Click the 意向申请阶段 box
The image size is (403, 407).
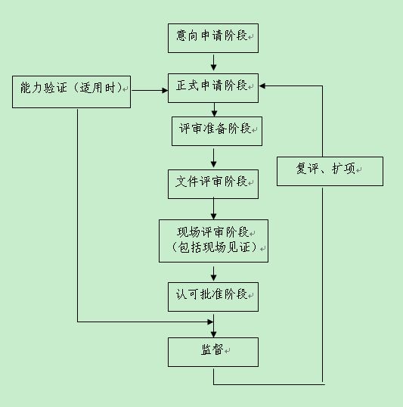coord(213,38)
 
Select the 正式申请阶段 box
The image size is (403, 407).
coord(213,88)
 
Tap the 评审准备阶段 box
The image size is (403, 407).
coord(217,131)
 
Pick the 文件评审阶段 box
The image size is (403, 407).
coord(213,185)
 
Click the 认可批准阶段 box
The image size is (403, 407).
coord(213,297)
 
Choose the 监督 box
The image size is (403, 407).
coord(213,353)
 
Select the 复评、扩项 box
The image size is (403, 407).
coord(330,171)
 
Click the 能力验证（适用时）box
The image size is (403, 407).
coord(71,92)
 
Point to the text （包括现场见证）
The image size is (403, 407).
coord(214,247)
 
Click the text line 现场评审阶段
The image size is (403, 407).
coord(212,232)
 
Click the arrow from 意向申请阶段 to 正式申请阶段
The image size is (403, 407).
coord(213,63)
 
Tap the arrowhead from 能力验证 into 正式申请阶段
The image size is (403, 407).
coord(165,90)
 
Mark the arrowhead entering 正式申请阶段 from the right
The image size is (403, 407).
coord(262,85)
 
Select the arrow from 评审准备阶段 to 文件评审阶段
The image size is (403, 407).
coord(213,158)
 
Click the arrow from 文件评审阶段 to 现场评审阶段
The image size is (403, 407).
coord(213,209)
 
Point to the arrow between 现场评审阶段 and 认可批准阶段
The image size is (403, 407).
coord(213,274)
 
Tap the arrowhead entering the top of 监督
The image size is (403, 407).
coord(213,334)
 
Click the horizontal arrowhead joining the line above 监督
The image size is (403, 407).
coord(210,322)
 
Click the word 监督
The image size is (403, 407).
coord(212,350)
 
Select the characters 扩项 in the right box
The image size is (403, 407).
coord(343,169)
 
